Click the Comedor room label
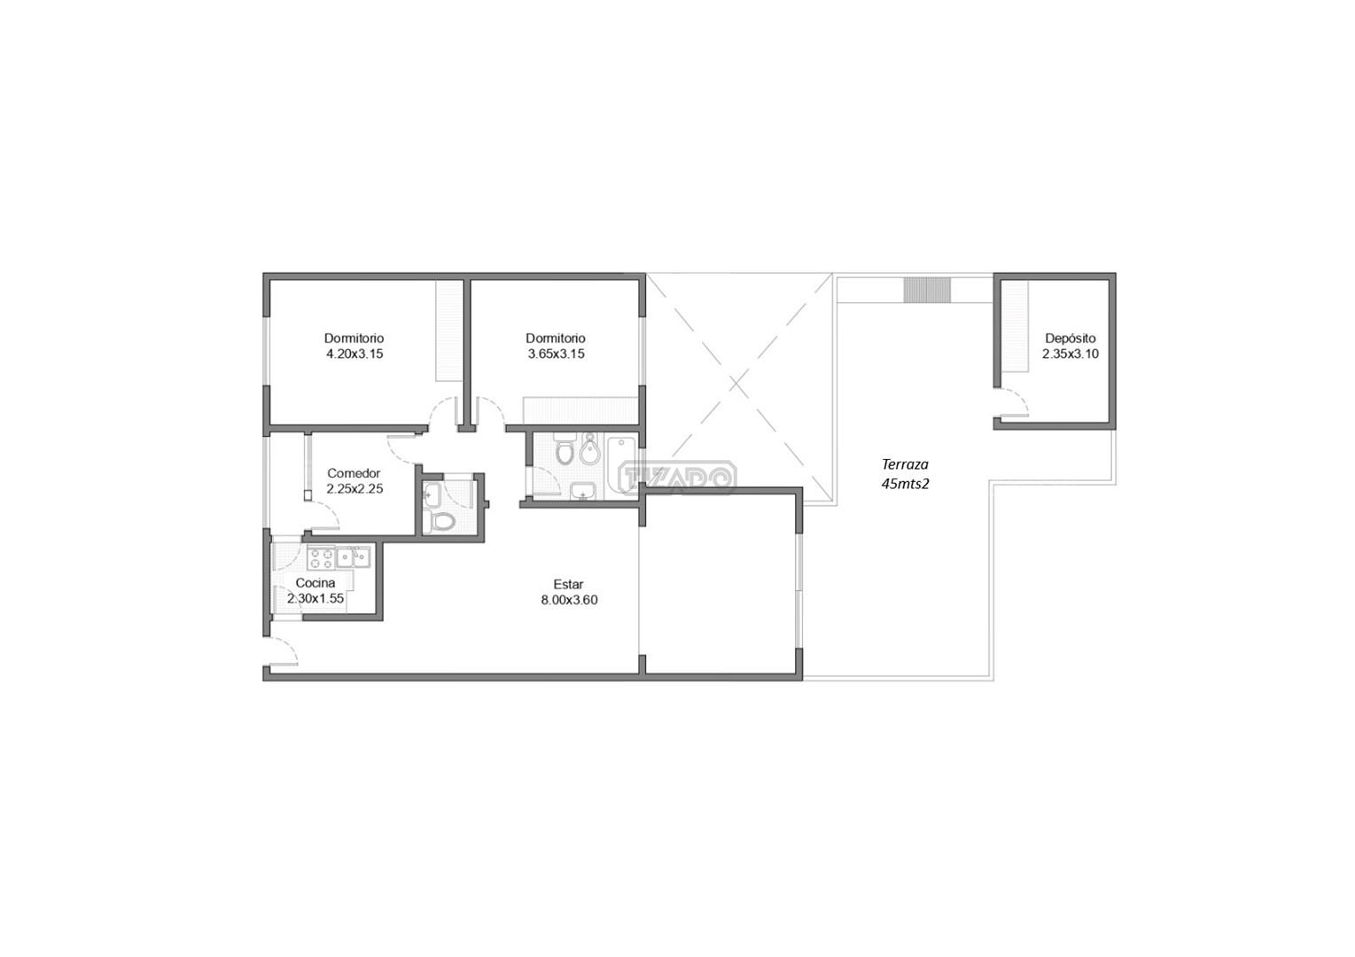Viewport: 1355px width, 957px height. (354, 473)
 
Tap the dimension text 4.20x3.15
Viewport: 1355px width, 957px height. (355, 354)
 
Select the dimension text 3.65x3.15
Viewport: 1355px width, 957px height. (557, 354)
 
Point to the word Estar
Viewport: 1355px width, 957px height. (569, 584)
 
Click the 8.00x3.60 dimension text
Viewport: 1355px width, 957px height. (569, 600)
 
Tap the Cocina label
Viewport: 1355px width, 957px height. (315, 583)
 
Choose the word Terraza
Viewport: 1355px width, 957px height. (905, 464)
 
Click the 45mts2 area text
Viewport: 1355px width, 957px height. (905, 484)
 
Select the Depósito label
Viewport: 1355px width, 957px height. (1071, 338)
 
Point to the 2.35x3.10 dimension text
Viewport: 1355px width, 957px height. (1071, 354)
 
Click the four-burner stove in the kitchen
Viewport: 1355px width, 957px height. (321, 557)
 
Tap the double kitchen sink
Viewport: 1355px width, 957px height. (354, 556)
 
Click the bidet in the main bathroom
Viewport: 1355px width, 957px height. (590, 450)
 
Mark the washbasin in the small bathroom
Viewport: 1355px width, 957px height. (432, 494)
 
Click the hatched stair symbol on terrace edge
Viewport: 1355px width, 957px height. (927, 291)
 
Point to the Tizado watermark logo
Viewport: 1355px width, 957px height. (677, 478)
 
